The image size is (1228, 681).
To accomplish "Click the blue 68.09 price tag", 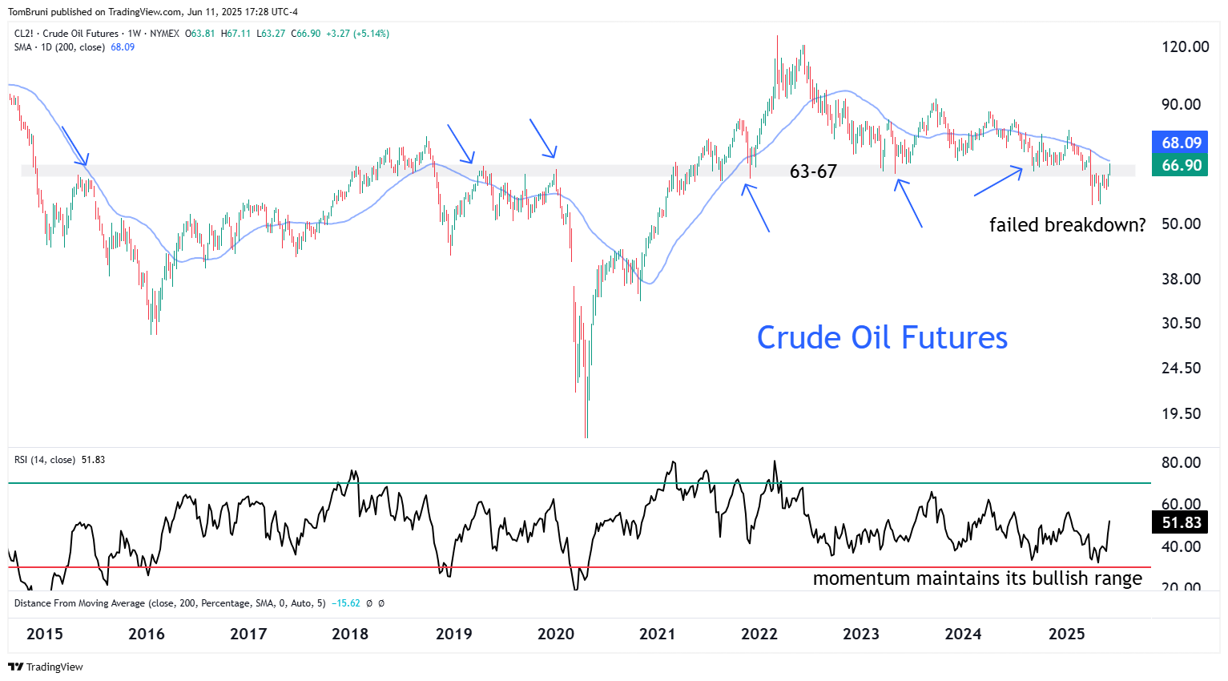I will click(1182, 143).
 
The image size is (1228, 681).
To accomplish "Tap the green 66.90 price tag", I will click(1182, 165).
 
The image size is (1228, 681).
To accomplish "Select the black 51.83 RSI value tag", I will click(1182, 522).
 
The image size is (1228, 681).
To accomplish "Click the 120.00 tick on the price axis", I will click(1185, 46).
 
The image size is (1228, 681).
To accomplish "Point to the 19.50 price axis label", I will click(1182, 413).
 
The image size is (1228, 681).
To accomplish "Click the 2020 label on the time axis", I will click(555, 634).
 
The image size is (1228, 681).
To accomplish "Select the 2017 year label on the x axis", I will click(248, 634).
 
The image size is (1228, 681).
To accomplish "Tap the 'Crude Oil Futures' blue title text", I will click(882, 338).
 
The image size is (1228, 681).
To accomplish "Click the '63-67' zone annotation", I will click(813, 171).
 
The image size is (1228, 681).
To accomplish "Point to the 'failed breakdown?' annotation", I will click(1067, 225).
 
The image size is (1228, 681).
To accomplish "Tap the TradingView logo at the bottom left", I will click(46, 667).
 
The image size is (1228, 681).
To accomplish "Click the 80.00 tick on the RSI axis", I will click(1182, 462).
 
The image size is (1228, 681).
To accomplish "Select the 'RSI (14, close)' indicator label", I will click(45, 460).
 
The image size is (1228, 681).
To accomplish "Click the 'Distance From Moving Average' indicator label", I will click(79, 603).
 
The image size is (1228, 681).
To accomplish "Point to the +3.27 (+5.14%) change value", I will click(357, 34).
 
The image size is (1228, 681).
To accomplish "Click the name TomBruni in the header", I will click(28, 12).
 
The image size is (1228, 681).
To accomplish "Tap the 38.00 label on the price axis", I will click(1182, 279).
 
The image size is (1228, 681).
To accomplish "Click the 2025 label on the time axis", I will click(1066, 634).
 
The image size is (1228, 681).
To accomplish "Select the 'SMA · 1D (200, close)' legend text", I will click(59, 47).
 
